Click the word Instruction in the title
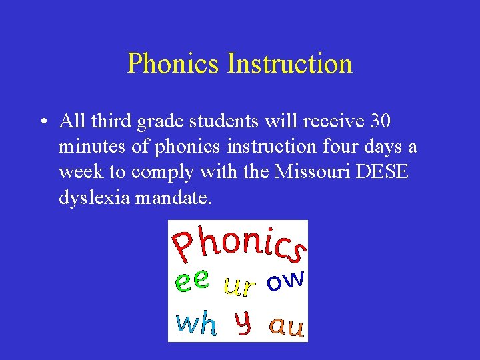click(x=289, y=64)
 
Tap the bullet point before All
click(x=42, y=123)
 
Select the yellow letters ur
click(x=239, y=286)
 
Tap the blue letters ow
click(x=285, y=280)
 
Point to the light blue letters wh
click(x=196, y=323)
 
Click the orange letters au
click(x=287, y=326)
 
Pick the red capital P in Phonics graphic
click(x=185, y=246)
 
